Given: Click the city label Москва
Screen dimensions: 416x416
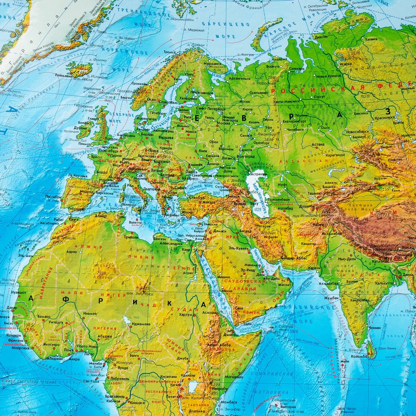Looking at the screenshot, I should (223, 123).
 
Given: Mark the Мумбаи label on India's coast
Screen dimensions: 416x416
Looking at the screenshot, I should (330, 298).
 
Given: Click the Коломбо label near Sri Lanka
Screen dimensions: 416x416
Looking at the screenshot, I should (359, 356).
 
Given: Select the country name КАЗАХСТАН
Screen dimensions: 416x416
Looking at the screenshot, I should (295, 161).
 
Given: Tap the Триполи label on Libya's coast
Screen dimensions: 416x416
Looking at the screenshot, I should (131, 237).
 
